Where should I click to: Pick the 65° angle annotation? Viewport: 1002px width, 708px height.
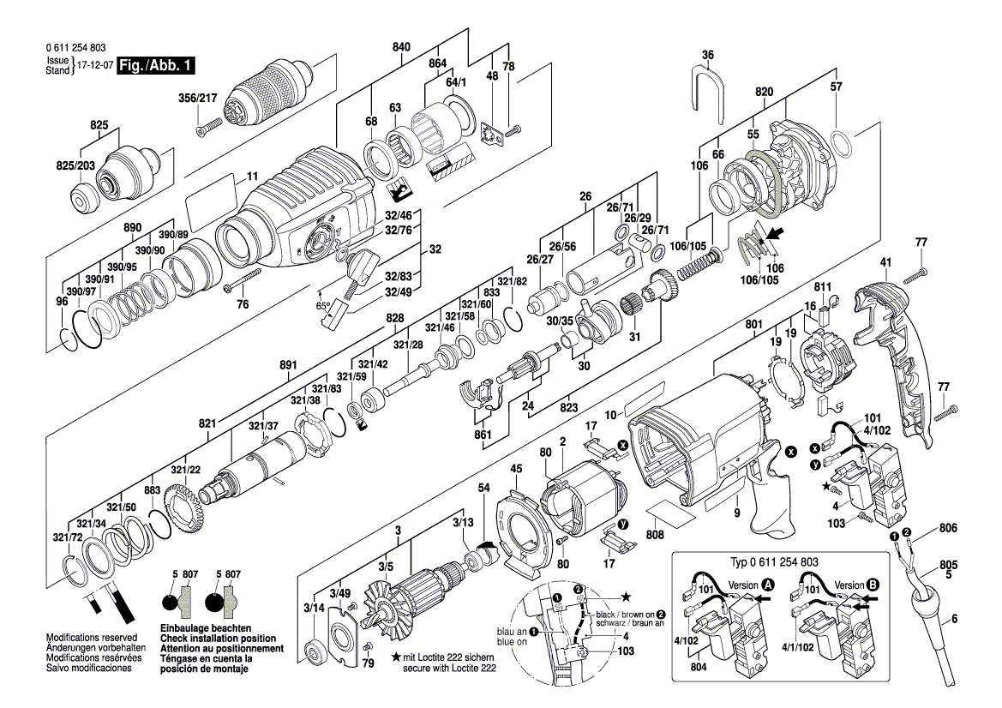(324, 304)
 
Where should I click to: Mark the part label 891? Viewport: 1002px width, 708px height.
(288, 365)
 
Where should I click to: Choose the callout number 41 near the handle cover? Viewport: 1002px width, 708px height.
(885, 261)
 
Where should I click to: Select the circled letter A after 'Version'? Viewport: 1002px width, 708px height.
(768, 585)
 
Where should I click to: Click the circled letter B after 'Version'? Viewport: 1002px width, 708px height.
(873, 585)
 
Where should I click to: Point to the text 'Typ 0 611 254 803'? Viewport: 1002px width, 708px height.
(773, 561)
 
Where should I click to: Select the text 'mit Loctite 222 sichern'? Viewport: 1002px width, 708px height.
(453, 656)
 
